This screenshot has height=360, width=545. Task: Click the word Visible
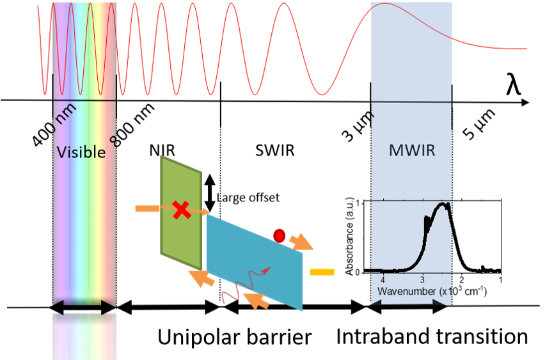click(x=81, y=152)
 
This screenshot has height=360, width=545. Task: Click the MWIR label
click(x=411, y=151)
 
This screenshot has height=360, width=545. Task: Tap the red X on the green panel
click(x=182, y=209)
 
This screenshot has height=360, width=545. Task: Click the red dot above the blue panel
click(x=279, y=235)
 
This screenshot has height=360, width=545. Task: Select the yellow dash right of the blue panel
click(x=322, y=272)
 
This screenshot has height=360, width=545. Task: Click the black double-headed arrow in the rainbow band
click(x=84, y=309)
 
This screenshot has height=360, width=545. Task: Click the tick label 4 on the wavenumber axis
click(x=383, y=280)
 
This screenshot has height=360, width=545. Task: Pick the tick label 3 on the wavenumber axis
click(x=422, y=280)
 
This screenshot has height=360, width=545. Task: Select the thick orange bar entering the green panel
click(x=148, y=208)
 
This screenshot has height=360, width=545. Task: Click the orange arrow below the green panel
click(x=201, y=278)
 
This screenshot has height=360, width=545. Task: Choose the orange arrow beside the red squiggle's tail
click(x=258, y=300)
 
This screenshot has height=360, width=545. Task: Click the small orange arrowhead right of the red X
click(x=206, y=212)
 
